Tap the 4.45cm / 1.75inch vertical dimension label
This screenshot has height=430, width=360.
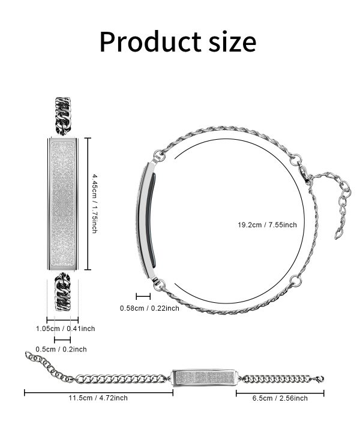click(95, 204)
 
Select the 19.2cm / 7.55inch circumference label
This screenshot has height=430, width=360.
click(267, 224)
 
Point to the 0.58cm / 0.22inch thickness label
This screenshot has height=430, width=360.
click(149, 308)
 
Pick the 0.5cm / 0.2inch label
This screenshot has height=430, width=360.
click(61, 349)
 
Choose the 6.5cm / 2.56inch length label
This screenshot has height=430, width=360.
click(280, 398)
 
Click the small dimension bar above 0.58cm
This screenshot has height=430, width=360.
click(143, 295)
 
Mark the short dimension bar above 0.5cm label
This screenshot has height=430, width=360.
click(61, 340)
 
